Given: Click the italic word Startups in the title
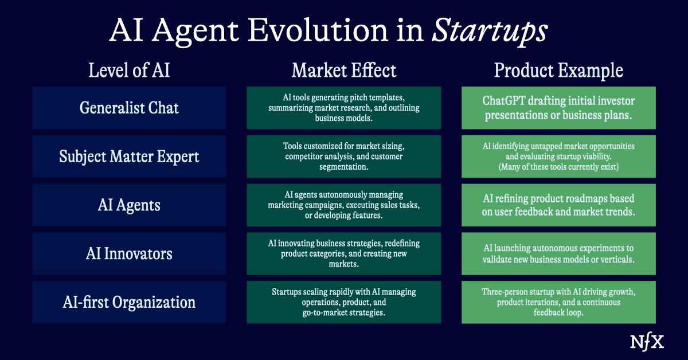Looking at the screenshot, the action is coord(490,31).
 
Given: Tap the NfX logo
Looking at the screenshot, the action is coord(647,342).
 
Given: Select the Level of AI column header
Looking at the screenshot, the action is coord(129,70).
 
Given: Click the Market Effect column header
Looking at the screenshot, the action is coord(343,70).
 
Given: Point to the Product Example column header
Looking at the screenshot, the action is coord(558,71).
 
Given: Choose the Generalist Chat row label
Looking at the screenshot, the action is coord(129,108).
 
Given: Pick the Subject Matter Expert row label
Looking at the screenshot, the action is coord(129,156).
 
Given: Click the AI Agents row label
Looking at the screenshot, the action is coord(129,205).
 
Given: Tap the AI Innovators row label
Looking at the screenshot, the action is coord(129,254).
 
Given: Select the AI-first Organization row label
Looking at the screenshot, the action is coord(129,302).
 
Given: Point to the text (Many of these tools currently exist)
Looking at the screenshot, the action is coord(558,167).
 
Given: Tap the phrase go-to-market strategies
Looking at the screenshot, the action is coord(343,312).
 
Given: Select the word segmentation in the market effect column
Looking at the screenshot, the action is coord(343,167).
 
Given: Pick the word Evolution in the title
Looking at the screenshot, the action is coord(318,30).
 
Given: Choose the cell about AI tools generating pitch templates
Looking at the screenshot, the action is coord(343,108).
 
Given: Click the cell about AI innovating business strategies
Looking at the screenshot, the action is coord(343,254).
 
